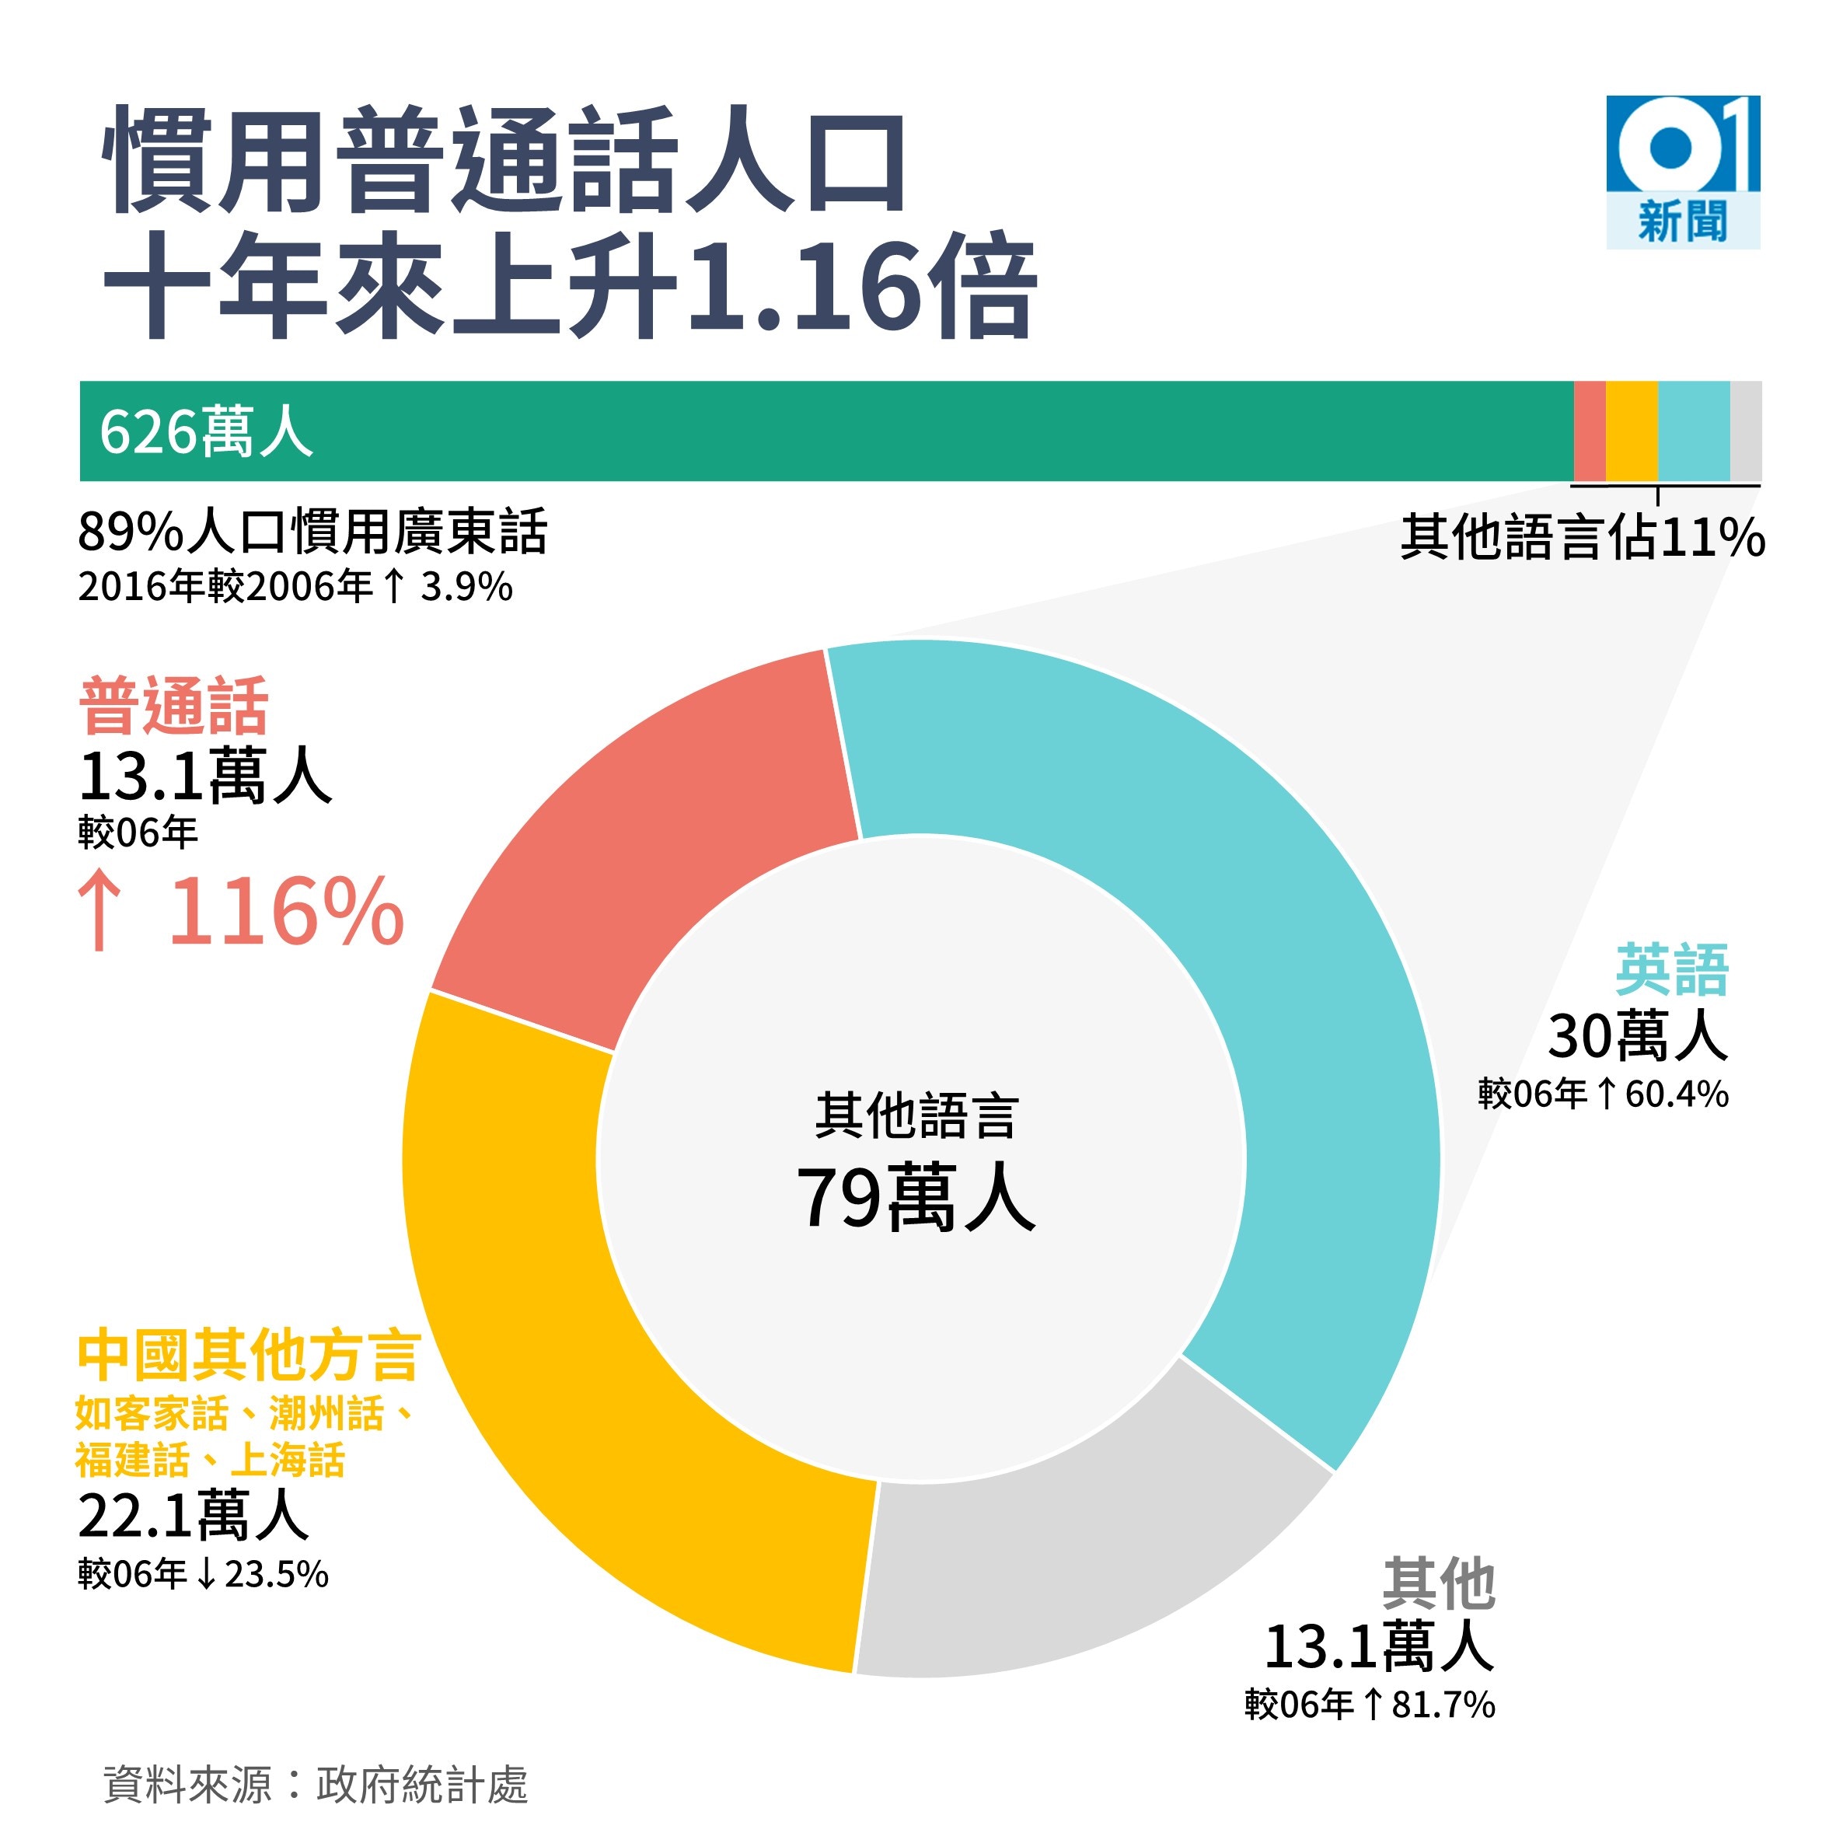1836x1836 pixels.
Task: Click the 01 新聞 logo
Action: pos(1682,171)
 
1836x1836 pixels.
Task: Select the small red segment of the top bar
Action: pos(1589,431)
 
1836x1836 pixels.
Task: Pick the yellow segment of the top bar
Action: pos(1631,431)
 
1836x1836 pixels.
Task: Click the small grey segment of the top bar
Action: pos(1745,431)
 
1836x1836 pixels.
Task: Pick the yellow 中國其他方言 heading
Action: pos(249,1356)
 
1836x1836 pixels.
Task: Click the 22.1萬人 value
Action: pos(194,1515)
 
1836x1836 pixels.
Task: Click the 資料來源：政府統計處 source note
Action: pos(315,1784)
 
